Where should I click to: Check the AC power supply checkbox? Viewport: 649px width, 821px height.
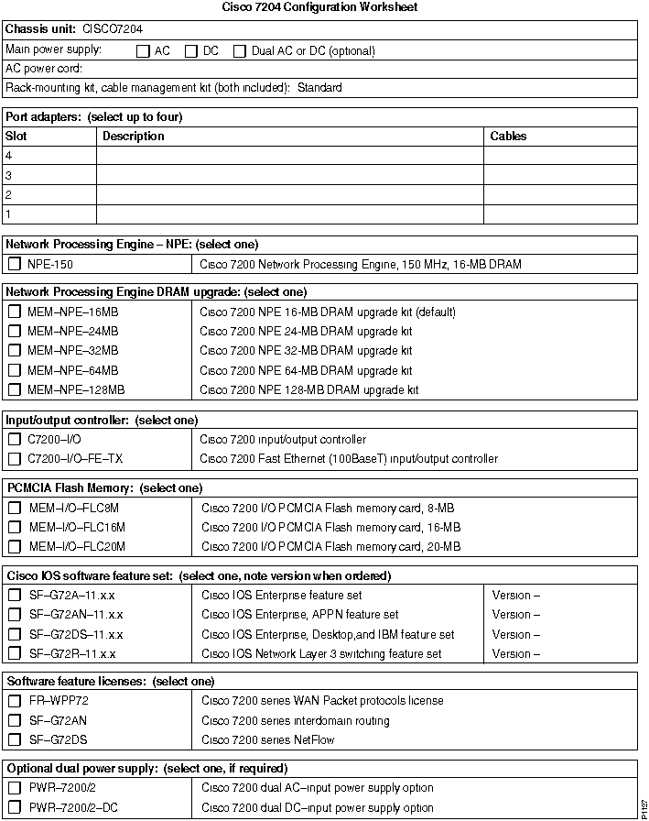point(143,51)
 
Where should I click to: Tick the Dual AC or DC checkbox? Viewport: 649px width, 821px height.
point(241,51)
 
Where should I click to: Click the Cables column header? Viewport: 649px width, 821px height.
point(509,137)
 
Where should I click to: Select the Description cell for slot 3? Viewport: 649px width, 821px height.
point(289,175)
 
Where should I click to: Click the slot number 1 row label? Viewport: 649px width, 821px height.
point(8,214)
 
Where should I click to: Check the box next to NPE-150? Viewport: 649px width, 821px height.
point(15,265)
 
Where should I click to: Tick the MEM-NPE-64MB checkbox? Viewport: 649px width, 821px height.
point(15,370)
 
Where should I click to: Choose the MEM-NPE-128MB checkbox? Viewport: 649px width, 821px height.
point(15,390)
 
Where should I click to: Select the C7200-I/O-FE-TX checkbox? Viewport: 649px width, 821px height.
point(15,459)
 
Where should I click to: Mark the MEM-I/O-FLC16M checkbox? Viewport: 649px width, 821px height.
point(15,527)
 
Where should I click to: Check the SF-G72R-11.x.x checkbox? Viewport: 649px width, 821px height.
point(15,654)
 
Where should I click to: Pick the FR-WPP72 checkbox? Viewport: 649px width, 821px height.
point(15,701)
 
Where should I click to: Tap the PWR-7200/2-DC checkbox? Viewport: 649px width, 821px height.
point(15,808)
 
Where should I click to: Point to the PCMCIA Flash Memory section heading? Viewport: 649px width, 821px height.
point(104,488)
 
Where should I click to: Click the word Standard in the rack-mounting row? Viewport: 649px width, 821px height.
point(319,88)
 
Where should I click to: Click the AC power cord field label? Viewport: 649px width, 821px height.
point(44,69)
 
